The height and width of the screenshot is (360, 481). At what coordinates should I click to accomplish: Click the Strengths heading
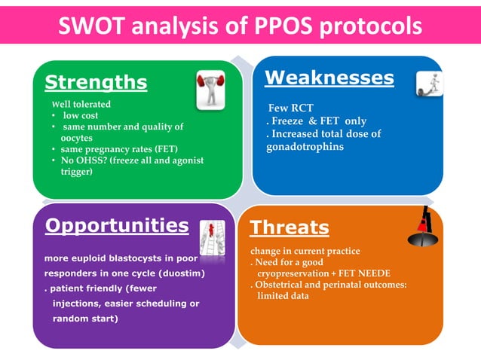point(95,81)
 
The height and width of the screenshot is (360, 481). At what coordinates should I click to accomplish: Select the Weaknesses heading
point(329,78)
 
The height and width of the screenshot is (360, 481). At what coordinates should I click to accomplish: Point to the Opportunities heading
point(117,225)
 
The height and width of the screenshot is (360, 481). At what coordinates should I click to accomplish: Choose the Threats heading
point(289,227)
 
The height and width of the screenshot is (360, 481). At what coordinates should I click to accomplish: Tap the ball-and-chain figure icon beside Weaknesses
point(428,83)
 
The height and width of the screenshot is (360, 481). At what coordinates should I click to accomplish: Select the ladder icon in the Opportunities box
point(212,238)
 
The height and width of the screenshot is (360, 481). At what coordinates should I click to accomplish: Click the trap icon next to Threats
point(422,228)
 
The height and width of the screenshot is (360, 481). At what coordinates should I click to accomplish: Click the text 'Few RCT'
point(291,108)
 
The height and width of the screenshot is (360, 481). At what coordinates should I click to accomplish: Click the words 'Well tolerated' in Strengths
point(81,105)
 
